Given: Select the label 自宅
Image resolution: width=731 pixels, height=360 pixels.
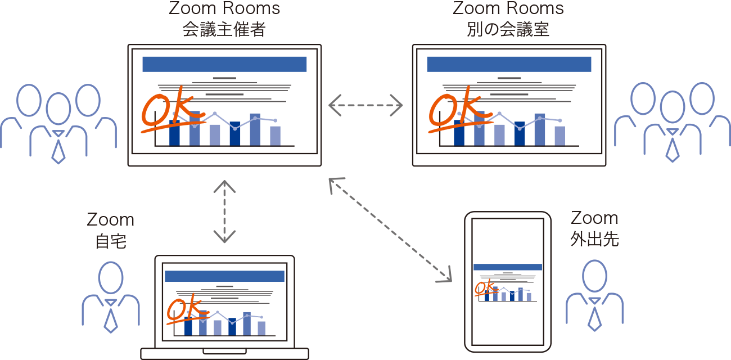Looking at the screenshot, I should [x=111, y=241].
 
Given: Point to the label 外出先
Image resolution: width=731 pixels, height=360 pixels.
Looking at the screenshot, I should [x=594, y=239].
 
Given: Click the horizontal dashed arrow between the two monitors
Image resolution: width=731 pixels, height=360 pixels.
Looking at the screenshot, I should [x=366, y=105].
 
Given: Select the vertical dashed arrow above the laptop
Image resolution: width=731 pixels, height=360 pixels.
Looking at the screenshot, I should [x=224, y=211].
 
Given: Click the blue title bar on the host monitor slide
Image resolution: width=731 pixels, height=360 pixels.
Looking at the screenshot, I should [x=224, y=64].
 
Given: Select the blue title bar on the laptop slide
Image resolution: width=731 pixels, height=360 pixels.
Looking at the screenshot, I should [x=224, y=276].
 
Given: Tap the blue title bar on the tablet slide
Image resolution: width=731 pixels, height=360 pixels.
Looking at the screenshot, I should [x=508, y=267].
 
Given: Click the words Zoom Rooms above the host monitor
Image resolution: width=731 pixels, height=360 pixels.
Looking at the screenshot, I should [x=224, y=9].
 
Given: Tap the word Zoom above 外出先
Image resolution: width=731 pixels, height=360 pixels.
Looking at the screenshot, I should [x=594, y=218].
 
